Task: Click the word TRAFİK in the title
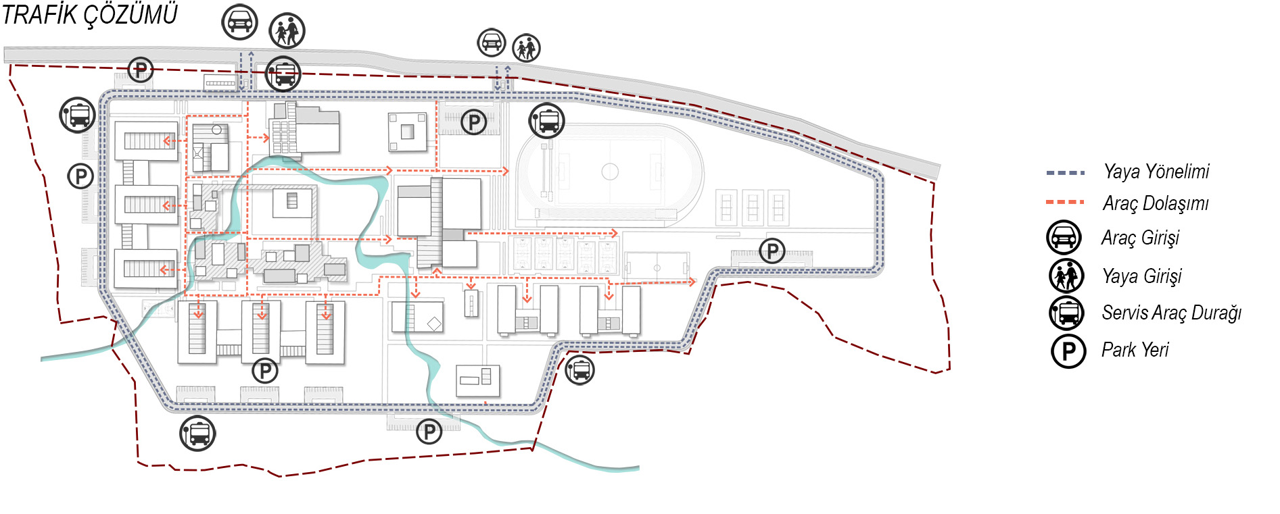coord(40,15)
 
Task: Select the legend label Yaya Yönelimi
coord(1156,172)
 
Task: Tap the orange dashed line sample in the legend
coord(1065,202)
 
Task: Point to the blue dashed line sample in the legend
coord(1065,173)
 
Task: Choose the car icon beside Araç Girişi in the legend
coord(1064,238)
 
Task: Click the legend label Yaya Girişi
coord(1142,276)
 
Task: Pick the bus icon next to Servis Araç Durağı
coord(1066,313)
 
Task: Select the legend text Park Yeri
coord(1135,350)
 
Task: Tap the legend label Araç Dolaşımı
coord(1156,203)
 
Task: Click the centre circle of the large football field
coord(610,172)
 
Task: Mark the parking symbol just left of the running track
coord(474,122)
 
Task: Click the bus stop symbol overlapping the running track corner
coord(547,121)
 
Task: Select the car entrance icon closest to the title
coord(240,22)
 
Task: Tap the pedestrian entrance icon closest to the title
coord(287,30)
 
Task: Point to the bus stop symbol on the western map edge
coord(78,115)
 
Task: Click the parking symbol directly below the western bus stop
coord(80,177)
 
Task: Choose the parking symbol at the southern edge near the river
coord(429,431)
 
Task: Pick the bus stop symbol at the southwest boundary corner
coord(197,433)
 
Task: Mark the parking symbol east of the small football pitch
coord(772,251)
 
